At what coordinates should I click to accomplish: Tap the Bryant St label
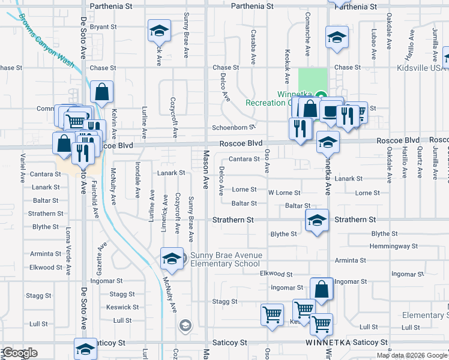click(x=103, y=27)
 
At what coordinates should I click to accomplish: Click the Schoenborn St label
click(x=234, y=128)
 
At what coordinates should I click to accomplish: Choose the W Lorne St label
click(x=284, y=193)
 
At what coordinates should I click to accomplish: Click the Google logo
click(x=19, y=353)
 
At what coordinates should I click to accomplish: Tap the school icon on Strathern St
click(x=316, y=220)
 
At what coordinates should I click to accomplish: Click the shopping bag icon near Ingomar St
click(x=322, y=289)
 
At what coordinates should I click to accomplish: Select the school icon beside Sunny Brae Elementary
click(x=172, y=258)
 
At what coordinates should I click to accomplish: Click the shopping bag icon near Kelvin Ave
click(x=102, y=92)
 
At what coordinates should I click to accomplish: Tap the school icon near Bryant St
click(x=160, y=30)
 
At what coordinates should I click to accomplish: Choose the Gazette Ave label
click(x=103, y=255)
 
